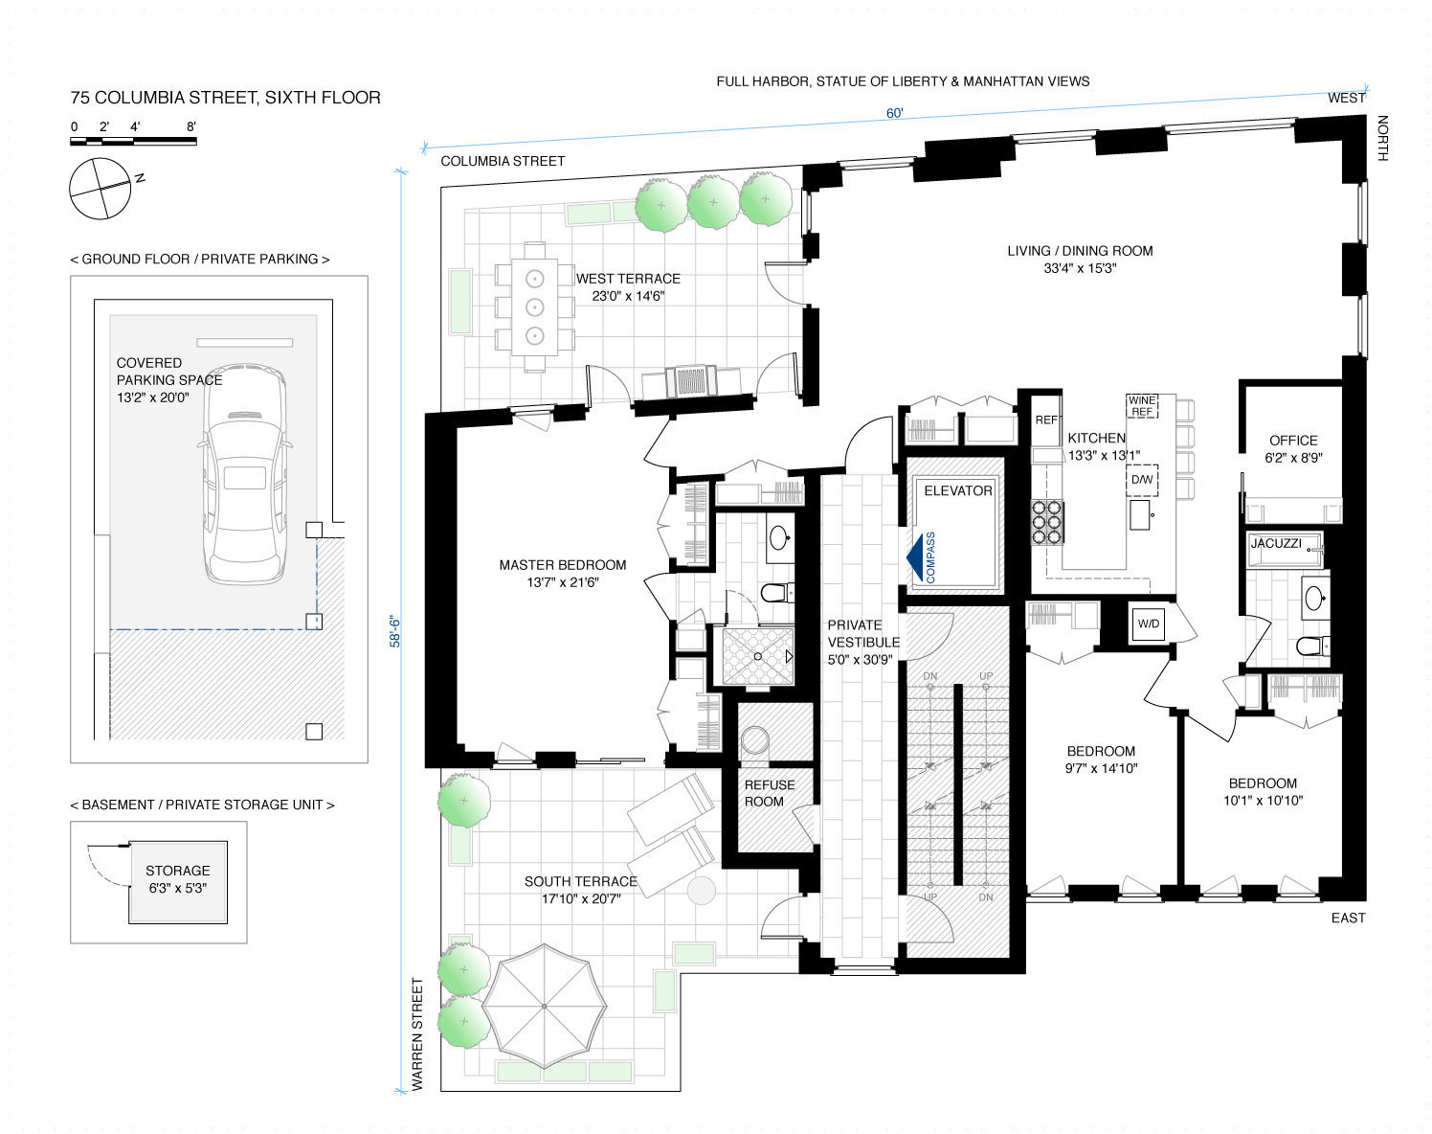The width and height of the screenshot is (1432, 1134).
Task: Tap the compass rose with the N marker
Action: pos(101,189)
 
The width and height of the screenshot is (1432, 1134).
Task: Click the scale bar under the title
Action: pos(133,141)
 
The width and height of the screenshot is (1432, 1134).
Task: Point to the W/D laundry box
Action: pos(1148,624)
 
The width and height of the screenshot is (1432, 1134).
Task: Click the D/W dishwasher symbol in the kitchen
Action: pos(1142,480)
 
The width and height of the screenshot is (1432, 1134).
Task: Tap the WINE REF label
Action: pos(1142,406)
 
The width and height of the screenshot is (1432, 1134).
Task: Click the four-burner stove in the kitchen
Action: pos(1046,523)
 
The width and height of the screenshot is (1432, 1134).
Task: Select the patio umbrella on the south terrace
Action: pos(545,1006)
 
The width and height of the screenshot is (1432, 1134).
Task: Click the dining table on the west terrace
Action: pos(535,307)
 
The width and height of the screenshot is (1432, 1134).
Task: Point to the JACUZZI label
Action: pos(1276,543)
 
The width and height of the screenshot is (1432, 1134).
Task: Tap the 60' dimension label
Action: pos(894,113)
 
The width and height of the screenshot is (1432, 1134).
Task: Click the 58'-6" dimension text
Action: pos(394,632)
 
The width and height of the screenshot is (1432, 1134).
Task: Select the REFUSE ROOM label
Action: pos(770,793)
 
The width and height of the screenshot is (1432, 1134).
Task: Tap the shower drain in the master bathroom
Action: pos(758,657)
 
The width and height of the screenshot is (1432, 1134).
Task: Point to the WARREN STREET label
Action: pos(417,1034)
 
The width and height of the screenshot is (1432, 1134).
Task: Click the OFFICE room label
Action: pos(1293,441)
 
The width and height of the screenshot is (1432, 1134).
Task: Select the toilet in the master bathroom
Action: pos(776,592)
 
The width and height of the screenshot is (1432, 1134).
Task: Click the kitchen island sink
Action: pos(1140,514)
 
